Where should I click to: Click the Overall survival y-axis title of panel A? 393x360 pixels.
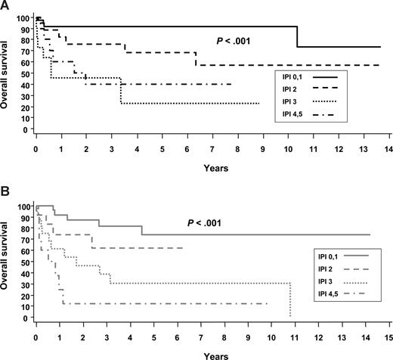[x=7, y=73]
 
